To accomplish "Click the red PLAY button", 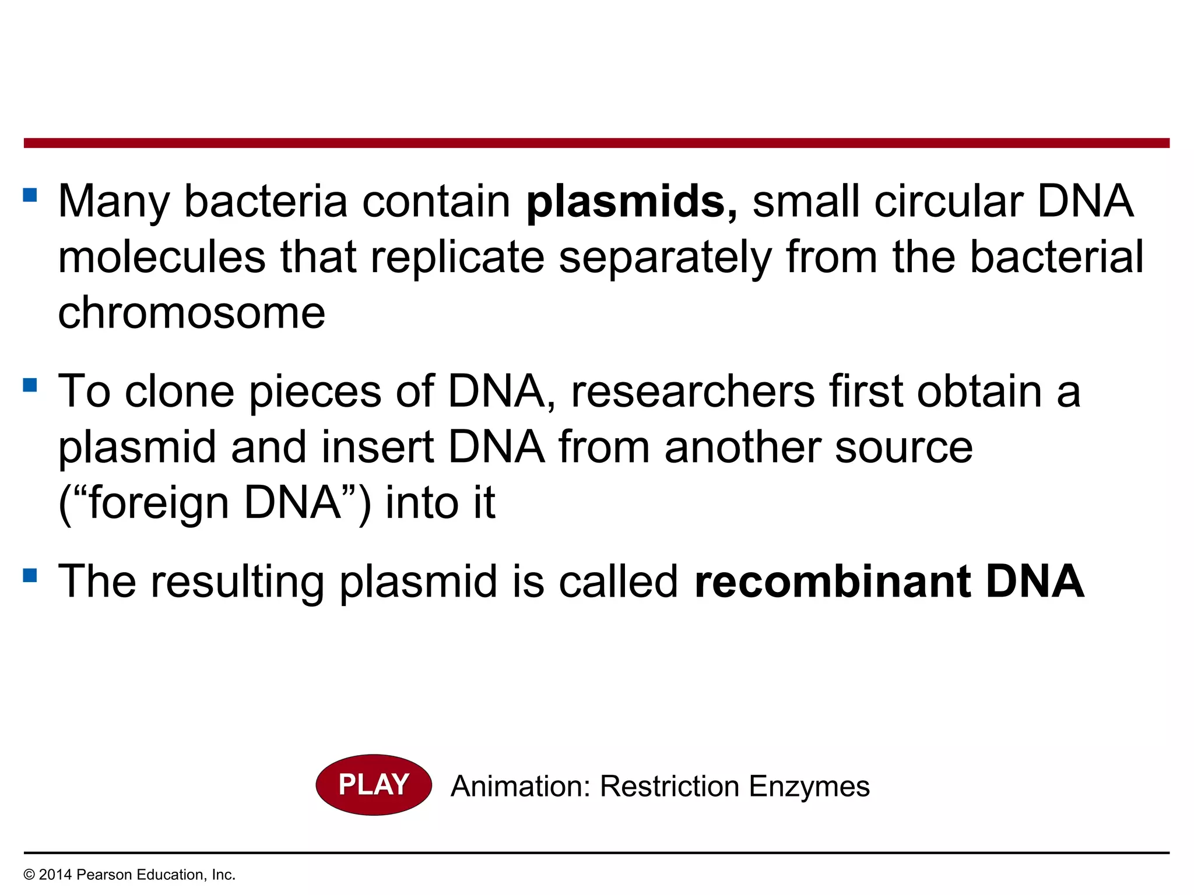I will [x=374, y=785].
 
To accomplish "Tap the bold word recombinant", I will [x=833, y=582].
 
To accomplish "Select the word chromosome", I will [x=191, y=313].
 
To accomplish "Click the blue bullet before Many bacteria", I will [x=30, y=195].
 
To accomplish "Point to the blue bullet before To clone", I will [x=30, y=385].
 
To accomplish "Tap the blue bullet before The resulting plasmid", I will [x=30, y=576].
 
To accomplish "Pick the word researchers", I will [x=693, y=392].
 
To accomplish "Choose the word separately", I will [x=665, y=258].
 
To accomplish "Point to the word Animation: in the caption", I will [x=521, y=786].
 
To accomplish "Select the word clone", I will [x=180, y=392].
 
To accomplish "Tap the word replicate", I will [x=457, y=258].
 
